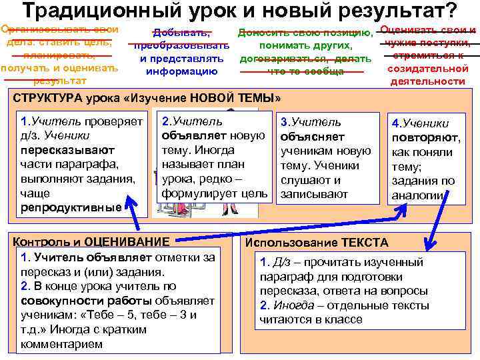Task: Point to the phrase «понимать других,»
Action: pyautogui.click(x=306, y=45)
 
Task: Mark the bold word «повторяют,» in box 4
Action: pyautogui.click(x=426, y=138)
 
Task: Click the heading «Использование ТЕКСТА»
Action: pyautogui.click(x=317, y=243)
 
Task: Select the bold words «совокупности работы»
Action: pyautogui.click(x=71, y=301)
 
